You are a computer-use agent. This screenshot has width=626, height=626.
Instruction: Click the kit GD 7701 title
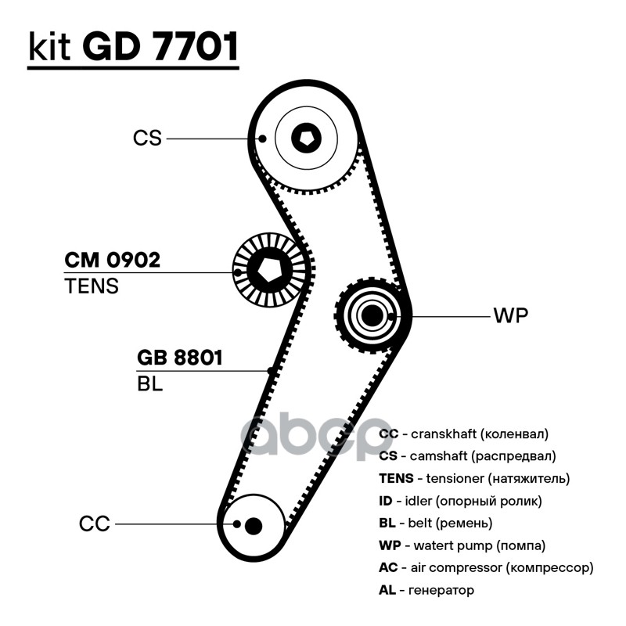pyautogui.click(x=133, y=46)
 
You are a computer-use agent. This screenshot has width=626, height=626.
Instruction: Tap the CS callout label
pyautogui.click(x=147, y=139)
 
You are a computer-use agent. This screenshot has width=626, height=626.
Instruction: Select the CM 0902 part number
pyautogui.click(x=112, y=260)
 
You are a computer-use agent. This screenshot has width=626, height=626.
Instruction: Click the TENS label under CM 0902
pyautogui.click(x=92, y=286)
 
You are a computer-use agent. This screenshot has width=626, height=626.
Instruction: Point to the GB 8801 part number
pyautogui.click(x=179, y=358)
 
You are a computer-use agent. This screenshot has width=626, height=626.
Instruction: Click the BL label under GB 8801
pyautogui.click(x=149, y=383)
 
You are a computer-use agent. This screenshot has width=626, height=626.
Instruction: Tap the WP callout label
pyautogui.click(x=511, y=315)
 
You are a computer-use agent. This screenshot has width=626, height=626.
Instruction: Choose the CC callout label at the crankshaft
pyautogui.click(x=94, y=523)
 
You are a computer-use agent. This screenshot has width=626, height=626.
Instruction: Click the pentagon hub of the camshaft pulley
pyautogui.click(x=306, y=138)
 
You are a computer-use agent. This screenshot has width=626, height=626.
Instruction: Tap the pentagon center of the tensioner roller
pyautogui.click(x=269, y=270)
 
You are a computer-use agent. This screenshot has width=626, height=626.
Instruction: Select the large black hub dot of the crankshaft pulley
pyautogui.click(x=253, y=526)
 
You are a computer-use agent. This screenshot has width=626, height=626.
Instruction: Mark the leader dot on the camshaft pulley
pyautogui.click(x=262, y=139)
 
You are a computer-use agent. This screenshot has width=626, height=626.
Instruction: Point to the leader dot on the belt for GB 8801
pyautogui.click(x=271, y=371)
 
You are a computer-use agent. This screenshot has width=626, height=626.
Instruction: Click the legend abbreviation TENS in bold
pyautogui.click(x=396, y=478)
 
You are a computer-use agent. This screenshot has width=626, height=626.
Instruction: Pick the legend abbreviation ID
pyautogui.click(x=386, y=500)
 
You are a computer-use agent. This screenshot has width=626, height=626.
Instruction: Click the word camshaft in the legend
pyautogui.click(x=438, y=455)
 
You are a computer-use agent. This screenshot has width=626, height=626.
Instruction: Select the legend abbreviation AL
pyautogui.click(x=387, y=590)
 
